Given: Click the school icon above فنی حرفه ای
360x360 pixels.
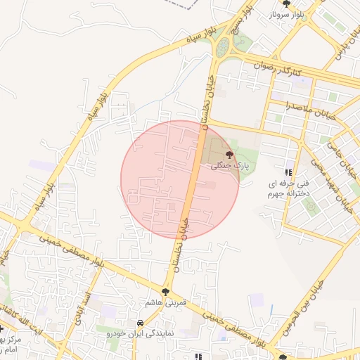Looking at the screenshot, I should coord(288,172).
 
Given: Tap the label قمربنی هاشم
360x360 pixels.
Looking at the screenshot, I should coord(165,302).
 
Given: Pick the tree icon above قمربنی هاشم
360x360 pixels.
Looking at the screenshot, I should coord(166,290).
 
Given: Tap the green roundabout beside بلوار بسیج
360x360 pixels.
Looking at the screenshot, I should coord(223,47).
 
